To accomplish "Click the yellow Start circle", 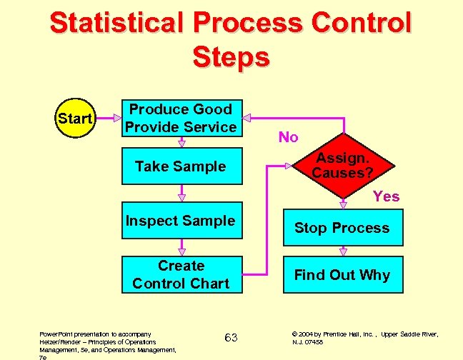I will [x=75, y=118].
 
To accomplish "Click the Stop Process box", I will [x=342, y=228].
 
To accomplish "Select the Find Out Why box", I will [x=342, y=275].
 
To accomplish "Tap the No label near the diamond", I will [x=288, y=137].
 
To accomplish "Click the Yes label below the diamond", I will [x=386, y=196].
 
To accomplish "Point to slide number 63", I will [x=231, y=337].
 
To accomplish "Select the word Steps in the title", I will [x=231, y=57].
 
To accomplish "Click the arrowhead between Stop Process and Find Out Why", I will [x=343, y=251].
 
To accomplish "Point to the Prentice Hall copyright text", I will [x=364, y=338].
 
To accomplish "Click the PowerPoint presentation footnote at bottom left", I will [x=107, y=342].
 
